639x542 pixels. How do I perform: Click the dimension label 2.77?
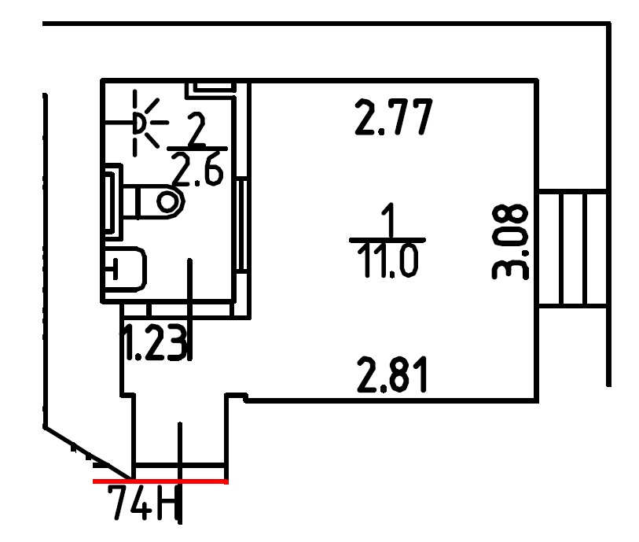click(393, 117)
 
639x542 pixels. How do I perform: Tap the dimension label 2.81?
click(392, 374)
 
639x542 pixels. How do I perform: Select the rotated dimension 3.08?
click(510, 242)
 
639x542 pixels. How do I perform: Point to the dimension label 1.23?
click(155, 342)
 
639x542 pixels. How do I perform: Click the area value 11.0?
click(388, 261)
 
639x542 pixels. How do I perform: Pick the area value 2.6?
click(197, 169)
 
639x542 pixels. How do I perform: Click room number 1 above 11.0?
click(389, 220)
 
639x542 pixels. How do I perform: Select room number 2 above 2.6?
click(197, 129)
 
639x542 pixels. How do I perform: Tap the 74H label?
click(144, 503)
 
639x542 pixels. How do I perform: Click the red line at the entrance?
click(160, 481)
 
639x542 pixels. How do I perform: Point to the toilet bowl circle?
click(167, 201)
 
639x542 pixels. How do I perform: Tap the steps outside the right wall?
click(572, 249)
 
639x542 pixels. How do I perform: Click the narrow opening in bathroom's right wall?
click(241, 225)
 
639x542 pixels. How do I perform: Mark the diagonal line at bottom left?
click(87, 452)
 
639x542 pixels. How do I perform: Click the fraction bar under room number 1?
click(387, 240)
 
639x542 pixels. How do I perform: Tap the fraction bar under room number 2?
click(197, 149)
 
